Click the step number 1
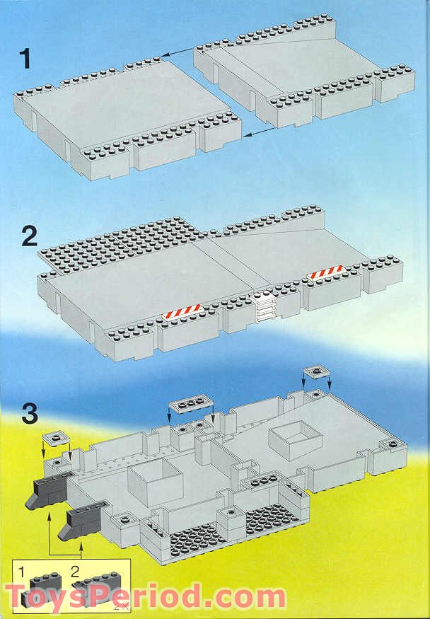[x=26, y=59]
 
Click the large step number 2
[x=29, y=236]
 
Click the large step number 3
[x=28, y=414]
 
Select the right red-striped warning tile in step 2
[x=326, y=272]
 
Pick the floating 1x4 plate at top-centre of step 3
[x=190, y=403]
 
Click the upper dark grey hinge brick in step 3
[x=51, y=489]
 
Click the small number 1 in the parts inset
[x=23, y=570]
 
